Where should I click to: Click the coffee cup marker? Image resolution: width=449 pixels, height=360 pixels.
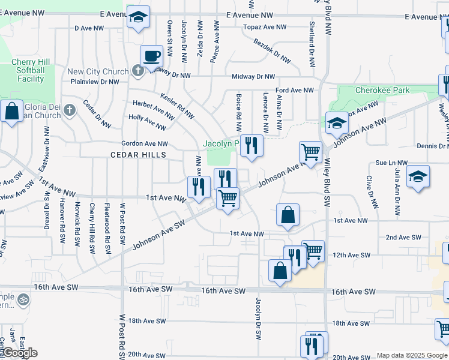click(151, 56)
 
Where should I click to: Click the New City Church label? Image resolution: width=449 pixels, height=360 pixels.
click(98, 71)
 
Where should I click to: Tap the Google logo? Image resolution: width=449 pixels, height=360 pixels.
click(20, 353)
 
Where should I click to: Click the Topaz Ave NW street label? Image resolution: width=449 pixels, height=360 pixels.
click(264, 27)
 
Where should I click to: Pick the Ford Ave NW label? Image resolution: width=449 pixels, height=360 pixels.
click(295, 90)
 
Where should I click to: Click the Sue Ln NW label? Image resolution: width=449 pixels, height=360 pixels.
click(391, 163)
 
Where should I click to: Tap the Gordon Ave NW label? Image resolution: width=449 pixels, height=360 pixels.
click(145, 144)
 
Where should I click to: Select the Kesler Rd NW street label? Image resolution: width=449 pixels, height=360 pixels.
click(177, 104)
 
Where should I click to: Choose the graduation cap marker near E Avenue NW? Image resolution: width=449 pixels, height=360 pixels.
click(138, 18)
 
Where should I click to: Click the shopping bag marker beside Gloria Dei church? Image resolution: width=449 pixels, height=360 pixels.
click(11, 111)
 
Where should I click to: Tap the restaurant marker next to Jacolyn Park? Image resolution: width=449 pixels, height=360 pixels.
click(250, 146)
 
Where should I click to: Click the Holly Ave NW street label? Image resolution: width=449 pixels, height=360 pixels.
click(147, 122)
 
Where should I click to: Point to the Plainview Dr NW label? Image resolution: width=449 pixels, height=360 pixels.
click(94, 82)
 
